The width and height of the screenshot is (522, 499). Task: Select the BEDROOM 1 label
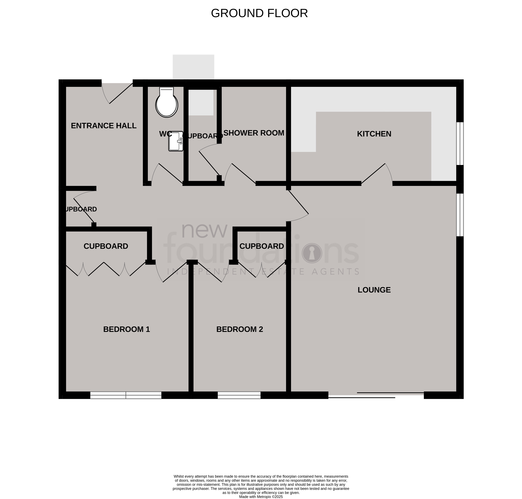click(x=127, y=329)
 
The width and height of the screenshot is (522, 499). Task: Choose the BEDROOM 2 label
click(x=239, y=329)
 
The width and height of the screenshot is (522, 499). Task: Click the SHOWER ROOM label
click(x=254, y=133)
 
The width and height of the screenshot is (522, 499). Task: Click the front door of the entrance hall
click(x=117, y=93)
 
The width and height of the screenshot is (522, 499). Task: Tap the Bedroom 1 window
click(x=126, y=395)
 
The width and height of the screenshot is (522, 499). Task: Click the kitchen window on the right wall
click(x=460, y=144)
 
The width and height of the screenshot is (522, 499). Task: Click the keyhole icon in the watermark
click(x=312, y=253)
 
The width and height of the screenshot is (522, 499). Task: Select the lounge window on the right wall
click(x=460, y=215)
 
